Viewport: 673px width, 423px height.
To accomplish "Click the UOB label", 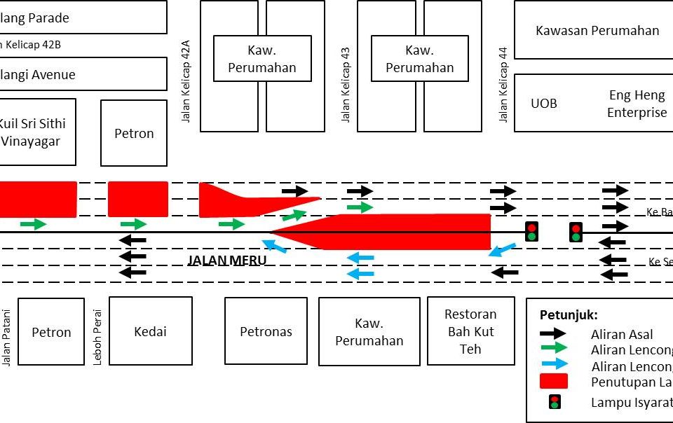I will (544, 103).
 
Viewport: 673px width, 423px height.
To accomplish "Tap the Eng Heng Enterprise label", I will (637, 104).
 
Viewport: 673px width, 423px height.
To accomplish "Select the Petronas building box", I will (266, 331).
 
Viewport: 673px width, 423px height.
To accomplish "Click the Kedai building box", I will (150, 331).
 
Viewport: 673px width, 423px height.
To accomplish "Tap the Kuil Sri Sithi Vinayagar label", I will (34, 132).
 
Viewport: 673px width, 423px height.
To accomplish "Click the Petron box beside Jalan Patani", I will (51, 332).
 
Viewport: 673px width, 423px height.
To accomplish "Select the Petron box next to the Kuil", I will (134, 133).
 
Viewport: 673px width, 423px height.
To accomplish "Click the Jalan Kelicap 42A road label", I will (186, 84).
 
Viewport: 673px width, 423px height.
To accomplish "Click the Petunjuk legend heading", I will (569, 315).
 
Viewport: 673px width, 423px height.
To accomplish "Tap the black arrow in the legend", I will (553, 334).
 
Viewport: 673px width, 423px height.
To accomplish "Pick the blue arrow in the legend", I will (553, 363).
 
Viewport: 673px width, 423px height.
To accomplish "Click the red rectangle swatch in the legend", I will (553, 382).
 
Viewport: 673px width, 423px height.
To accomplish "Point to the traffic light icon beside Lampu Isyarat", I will (554, 402).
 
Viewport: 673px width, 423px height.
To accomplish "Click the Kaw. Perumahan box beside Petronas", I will (369, 332).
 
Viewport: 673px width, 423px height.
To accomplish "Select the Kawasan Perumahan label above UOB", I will (597, 31).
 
